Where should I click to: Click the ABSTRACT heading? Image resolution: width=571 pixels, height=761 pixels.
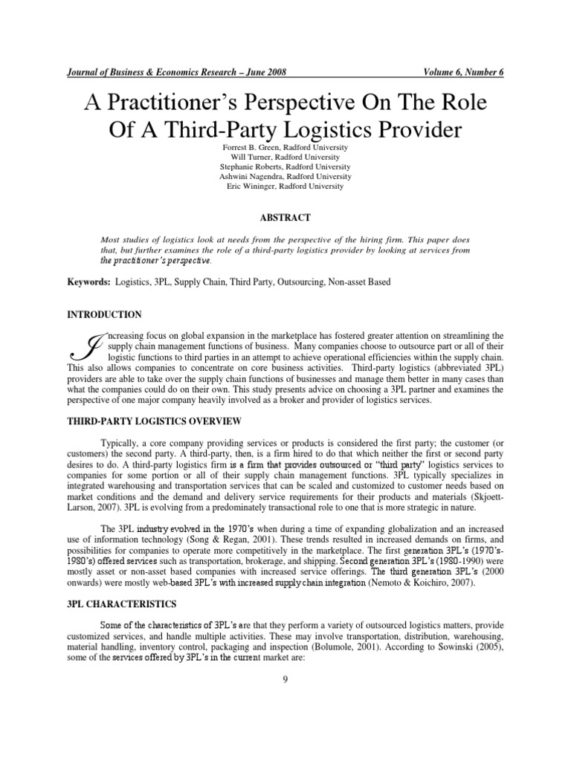pos(285,217)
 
